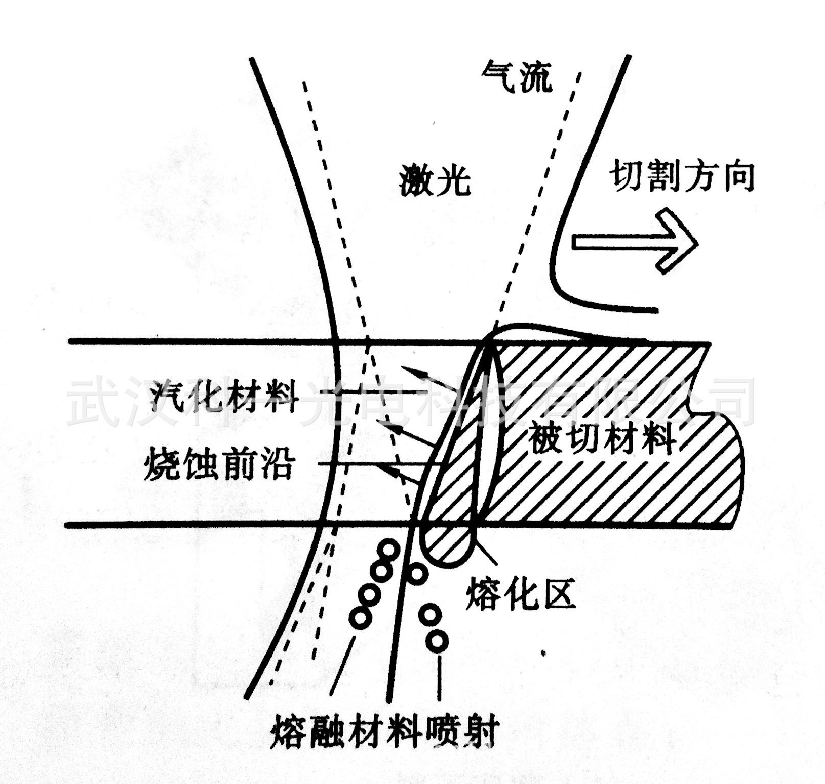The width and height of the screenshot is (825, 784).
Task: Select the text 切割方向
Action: click(x=682, y=177)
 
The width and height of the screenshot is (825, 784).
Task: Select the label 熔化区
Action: click(x=521, y=594)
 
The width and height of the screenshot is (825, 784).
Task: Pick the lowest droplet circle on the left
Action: click(x=360, y=618)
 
